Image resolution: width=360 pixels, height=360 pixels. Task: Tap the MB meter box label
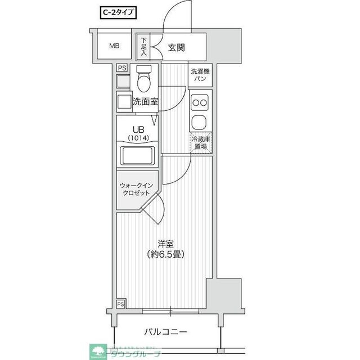[x=114, y=46]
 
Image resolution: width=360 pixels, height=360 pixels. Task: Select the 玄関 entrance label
[x=176, y=47]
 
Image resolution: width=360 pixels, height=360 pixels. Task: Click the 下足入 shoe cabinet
[x=143, y=47]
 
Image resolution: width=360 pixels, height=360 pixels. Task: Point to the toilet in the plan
[x=145, y=79]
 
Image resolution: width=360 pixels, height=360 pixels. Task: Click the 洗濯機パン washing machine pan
[x=200, y=75]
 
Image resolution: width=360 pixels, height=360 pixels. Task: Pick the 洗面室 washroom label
[x=145, y=102]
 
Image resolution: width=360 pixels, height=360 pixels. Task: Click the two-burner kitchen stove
[x=200, y=102]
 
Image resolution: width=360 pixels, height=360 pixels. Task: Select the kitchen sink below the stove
[x=200, y=121]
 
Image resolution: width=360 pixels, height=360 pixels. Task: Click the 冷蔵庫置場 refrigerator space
[x=200, y=143]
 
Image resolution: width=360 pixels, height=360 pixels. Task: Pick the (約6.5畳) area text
[x=165, y=254]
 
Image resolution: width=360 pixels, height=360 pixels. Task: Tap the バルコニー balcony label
[x=164, y=332]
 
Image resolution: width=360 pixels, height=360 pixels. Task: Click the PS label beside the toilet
[x=122, y=69]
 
